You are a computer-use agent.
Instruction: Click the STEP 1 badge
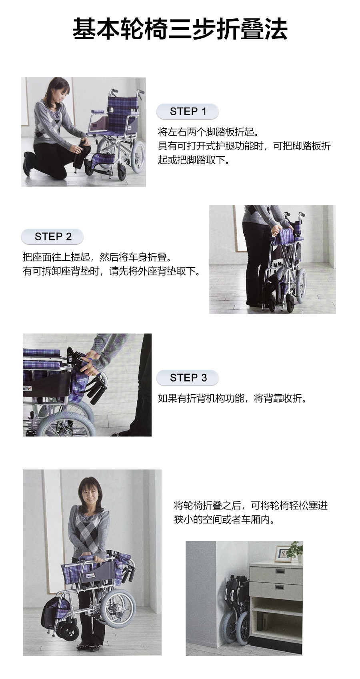(x=188, y=111)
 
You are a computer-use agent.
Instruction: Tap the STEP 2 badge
(x=52, y=236)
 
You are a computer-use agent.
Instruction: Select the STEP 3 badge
(x=188, y=378)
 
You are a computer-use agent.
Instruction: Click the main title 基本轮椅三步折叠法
(x=180, y=29)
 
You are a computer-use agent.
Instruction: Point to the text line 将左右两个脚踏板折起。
(x=208, y=132)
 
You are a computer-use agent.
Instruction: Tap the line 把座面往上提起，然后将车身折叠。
(x=98, y=258)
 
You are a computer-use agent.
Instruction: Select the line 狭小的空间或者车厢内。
(x=224, y=520)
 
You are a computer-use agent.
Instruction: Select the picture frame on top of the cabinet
(x=283, y=553)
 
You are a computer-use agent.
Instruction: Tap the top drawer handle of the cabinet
(x=280, y=571)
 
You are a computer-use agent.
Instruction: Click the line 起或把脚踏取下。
(x=194, y=160)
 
